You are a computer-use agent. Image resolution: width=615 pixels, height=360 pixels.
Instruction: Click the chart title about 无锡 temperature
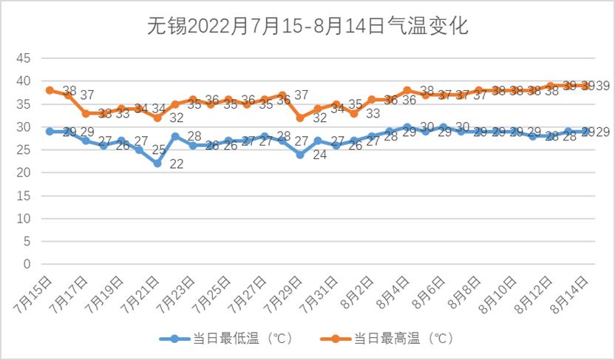[307, 27]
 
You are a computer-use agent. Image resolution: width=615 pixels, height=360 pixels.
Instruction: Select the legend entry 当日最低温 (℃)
[226, 339]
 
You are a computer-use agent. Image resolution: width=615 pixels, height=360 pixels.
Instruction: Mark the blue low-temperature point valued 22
[157, 163]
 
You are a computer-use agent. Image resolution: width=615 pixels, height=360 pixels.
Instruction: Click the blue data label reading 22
[177, 164]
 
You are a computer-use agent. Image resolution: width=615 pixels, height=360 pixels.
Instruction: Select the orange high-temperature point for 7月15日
[50, 90]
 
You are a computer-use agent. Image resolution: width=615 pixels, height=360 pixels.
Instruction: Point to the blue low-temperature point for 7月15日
[50, 131]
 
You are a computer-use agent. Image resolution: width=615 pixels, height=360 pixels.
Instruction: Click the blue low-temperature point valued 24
[300, 154]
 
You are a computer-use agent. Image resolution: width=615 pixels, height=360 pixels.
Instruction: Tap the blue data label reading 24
[320, 155]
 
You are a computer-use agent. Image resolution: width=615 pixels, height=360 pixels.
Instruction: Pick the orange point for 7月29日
[300, 118]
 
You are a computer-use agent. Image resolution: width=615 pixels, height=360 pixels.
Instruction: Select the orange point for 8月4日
[407, 90]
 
